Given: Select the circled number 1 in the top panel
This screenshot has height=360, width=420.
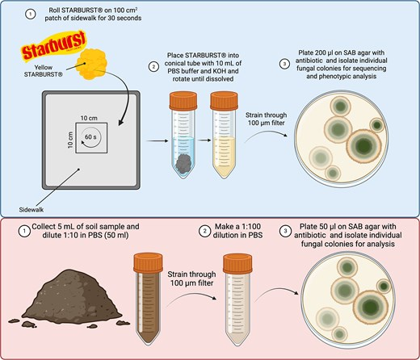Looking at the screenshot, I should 29,15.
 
